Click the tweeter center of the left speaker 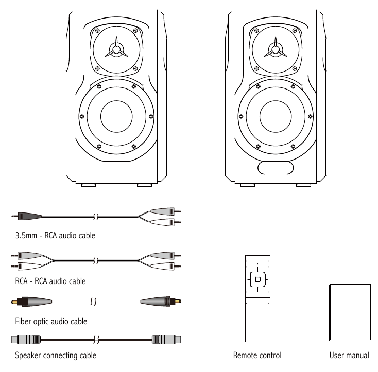pos(116,50)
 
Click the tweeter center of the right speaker pos(275,50)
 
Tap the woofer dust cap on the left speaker pos(116,116)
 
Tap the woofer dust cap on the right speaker pos(275,116)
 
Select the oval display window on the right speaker pos(275,168)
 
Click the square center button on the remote pos(257,280)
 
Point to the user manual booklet pos(349,312)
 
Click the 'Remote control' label pos(257,355)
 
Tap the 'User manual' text pos(349,355)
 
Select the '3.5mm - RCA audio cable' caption pos(55,236)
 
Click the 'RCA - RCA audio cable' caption pos(50,281)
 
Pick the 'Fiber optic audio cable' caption pos(51,321)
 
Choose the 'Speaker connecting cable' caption pos(56,355)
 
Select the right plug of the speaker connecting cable pos(166,339)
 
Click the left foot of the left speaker pos(89,185)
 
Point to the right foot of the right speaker pos(303,185)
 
